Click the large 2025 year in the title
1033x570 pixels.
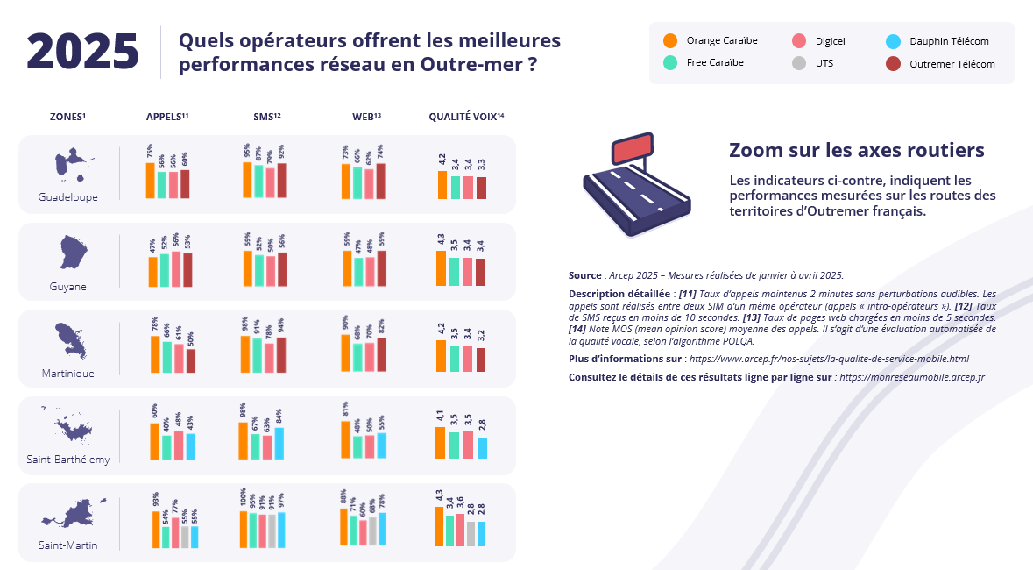click(82, 52)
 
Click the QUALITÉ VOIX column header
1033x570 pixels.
click(465, 117)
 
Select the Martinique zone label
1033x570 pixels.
click(67, 374)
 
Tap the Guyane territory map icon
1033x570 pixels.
click(74, 252)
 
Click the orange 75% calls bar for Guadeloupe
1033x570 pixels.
click(150, 181)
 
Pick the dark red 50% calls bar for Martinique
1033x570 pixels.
click(190, 361)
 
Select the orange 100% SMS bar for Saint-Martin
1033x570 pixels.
click(244, 530)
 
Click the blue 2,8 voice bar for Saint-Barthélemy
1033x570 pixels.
click(482, 448)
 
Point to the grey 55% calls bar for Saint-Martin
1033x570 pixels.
click(185, 537)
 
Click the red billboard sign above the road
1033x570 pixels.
click(632, 150)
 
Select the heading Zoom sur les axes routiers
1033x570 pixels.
click(856, 150)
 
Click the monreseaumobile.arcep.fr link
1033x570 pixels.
click(911, 377)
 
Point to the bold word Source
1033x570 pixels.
click(584, 275)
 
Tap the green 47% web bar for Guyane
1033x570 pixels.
click(357, 272)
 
